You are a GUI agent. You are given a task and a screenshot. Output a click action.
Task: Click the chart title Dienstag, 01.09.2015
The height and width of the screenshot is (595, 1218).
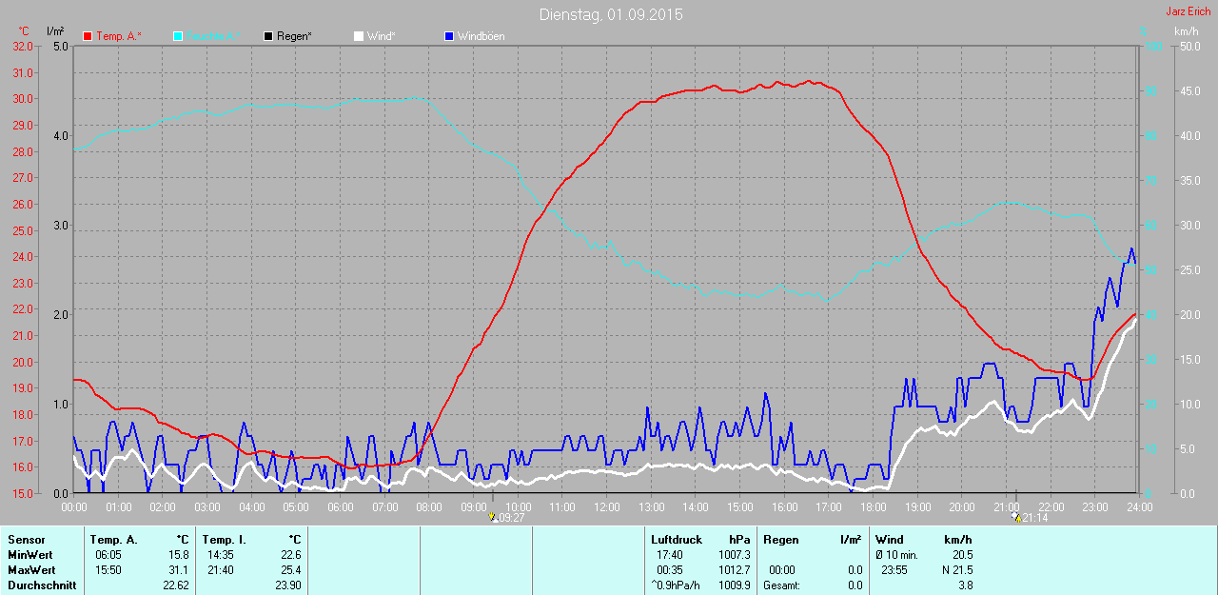pos(610,14)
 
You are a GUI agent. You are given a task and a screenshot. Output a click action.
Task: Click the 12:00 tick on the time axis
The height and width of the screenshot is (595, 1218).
pos(607,507)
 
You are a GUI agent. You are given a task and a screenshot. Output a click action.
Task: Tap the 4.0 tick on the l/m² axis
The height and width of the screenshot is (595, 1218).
pos(60,136)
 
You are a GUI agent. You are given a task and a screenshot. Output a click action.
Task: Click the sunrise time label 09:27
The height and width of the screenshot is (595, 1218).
pos(511,518)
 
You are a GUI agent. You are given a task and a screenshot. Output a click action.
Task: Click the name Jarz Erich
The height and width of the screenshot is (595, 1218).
pos(1188,11)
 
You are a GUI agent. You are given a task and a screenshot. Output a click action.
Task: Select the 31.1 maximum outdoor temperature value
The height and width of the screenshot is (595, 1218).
pos(178,570)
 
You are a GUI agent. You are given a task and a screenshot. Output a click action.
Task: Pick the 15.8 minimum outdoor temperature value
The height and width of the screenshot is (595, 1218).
pos(178,555)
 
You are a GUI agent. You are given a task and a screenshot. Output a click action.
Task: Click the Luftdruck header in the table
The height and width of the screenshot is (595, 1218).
pos(677,540)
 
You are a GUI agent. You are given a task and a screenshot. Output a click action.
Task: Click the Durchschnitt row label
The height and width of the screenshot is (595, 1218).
pos(42,585)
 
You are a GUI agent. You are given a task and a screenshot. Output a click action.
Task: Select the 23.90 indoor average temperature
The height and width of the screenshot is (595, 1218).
pos(287,585)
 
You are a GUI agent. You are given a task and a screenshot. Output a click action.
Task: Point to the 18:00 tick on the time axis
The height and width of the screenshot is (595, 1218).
pos(874,507)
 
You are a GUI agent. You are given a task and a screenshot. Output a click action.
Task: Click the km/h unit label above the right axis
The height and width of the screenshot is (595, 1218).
pos(1186,32)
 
